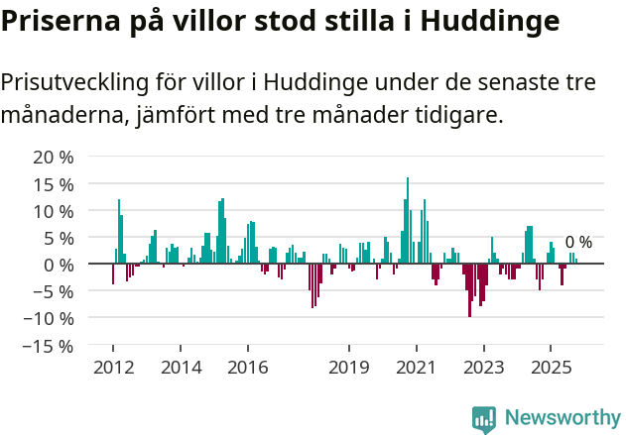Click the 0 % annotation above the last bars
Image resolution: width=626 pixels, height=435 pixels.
coord(578,242)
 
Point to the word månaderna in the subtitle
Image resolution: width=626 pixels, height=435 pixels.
coord(63,116)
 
